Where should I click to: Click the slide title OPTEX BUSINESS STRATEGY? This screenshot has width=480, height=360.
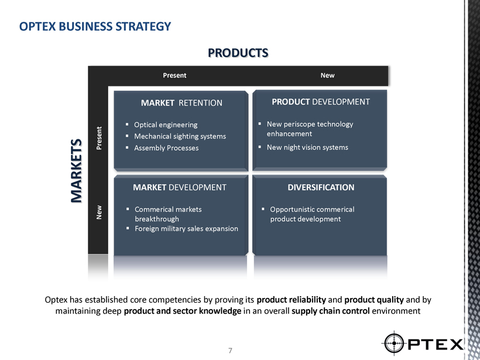[x=95, y=26]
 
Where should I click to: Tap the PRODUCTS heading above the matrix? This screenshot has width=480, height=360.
[x=238, y=53]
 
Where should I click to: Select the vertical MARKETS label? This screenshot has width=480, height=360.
[x=76, y=171]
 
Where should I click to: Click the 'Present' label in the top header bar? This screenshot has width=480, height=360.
[x=174, y=76]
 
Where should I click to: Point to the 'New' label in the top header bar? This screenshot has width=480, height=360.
[x=328, y=76]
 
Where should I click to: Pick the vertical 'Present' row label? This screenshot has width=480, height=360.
[x=99, y=138]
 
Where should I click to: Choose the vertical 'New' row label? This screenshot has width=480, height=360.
[x=99, y=212]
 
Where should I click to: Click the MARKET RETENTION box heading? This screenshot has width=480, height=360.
[x=181, y=103]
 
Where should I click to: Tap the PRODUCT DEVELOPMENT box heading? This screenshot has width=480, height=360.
[x=321, y=102]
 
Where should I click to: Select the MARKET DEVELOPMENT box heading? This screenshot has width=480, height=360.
[x=180, y=187]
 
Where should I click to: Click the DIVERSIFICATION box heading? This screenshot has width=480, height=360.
[x=321, y=187]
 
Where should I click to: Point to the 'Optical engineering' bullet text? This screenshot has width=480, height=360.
[x=166, y=125]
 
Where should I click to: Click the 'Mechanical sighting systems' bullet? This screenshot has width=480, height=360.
[x=180, y=136]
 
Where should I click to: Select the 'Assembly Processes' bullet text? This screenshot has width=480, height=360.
[x=166, y=148]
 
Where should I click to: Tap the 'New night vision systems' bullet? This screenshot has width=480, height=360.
[x=307, y=148]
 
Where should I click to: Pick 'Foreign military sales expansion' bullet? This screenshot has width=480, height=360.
[x=186, y=229]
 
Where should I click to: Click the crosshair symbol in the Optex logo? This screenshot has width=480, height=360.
[x=394, y=343]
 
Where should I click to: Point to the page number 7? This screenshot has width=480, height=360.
[x=230, y=351]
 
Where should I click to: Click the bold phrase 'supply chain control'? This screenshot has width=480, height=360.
[x=331, y=311]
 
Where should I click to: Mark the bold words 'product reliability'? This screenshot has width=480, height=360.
[x=291, y=299]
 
